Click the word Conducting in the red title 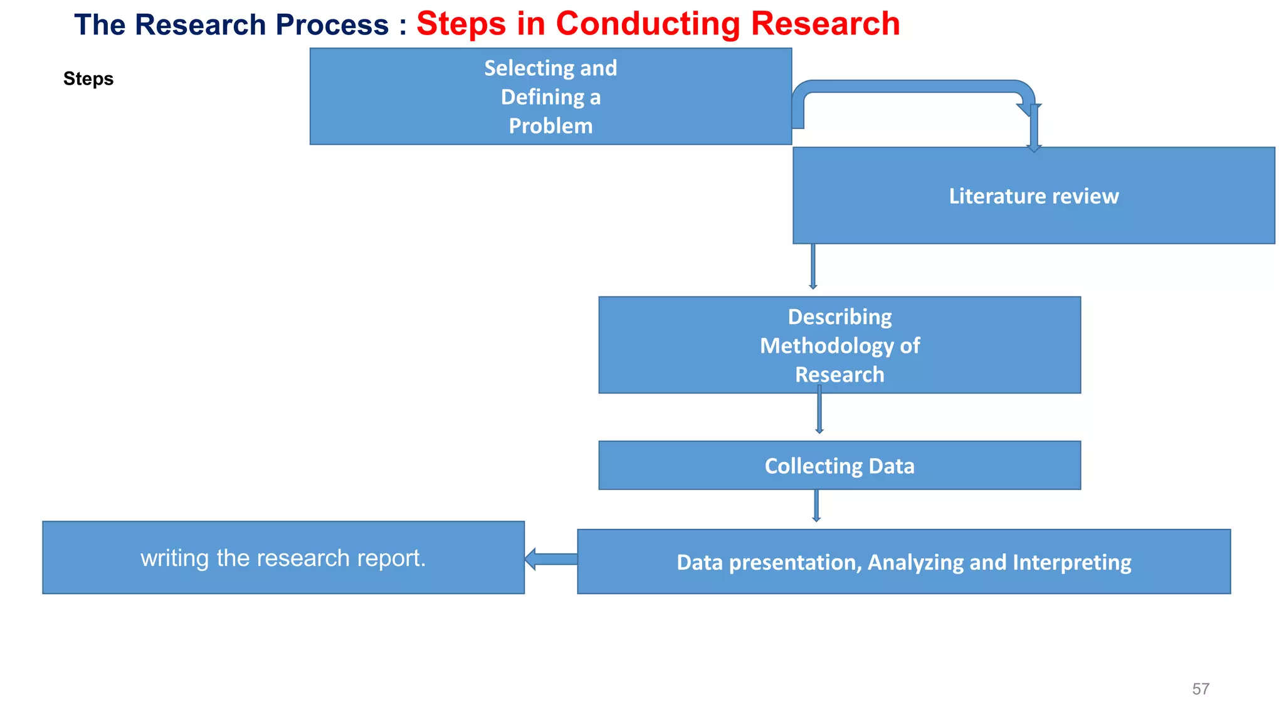point(648,24)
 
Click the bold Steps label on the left point(88,79)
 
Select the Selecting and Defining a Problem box point(401,97)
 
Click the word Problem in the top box point(550,126)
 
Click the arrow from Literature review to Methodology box point(813,266)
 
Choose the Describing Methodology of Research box point(690,345)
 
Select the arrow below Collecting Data point(816,505)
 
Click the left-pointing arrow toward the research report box point(551,558)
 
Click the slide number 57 point(1200,689)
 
